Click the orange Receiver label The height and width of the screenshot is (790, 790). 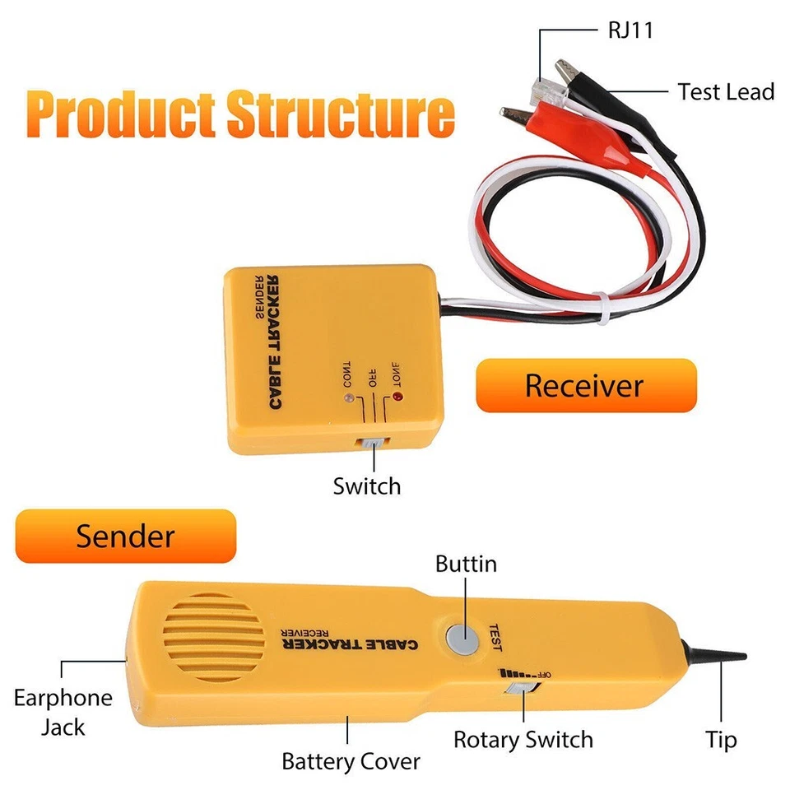(585, 385)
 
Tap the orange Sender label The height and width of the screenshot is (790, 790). (126, 537)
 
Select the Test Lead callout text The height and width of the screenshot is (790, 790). (726, 91)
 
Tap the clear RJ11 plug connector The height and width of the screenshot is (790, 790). (546, 85)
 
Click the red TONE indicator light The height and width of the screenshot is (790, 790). (399, 399)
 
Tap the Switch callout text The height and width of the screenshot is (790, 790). (367, 486)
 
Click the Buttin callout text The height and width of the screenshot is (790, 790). (466, 565)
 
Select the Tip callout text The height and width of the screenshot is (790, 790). (721, 740)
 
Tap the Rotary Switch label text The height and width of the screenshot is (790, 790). (523, 740)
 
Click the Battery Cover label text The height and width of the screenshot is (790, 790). (351, 761)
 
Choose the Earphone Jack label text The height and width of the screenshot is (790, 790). (63, 713)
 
